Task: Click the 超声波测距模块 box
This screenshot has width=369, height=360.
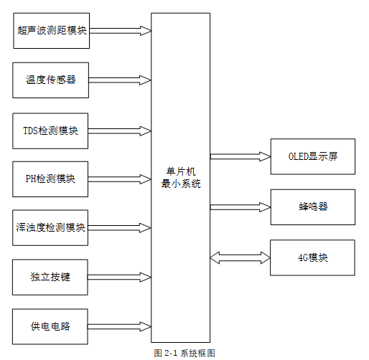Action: point(50,31)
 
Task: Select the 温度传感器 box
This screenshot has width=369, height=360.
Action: point(50,80)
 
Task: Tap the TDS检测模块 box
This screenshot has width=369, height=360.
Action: point(50,131)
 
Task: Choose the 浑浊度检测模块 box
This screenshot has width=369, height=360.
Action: point(50,228)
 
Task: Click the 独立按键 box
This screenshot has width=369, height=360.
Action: point(50,277)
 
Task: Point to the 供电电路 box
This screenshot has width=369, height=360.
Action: point(50,326)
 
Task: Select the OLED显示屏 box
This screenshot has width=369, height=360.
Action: point(312,156)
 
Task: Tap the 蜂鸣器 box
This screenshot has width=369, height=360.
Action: point(312,207)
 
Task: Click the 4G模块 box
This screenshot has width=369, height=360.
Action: point(312,257)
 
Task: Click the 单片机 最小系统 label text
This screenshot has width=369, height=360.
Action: point(180,178)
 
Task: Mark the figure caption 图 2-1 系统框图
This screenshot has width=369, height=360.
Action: point(184,353)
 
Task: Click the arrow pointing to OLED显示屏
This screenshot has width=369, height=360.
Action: point(240,156)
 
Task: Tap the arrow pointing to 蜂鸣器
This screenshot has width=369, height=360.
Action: point(240,207)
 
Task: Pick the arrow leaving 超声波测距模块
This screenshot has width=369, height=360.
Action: point(120,31)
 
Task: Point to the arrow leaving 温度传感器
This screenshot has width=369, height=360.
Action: point(120,80)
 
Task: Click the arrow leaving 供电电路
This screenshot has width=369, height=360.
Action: point(120,326)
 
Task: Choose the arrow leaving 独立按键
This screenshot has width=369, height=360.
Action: point(120,277)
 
